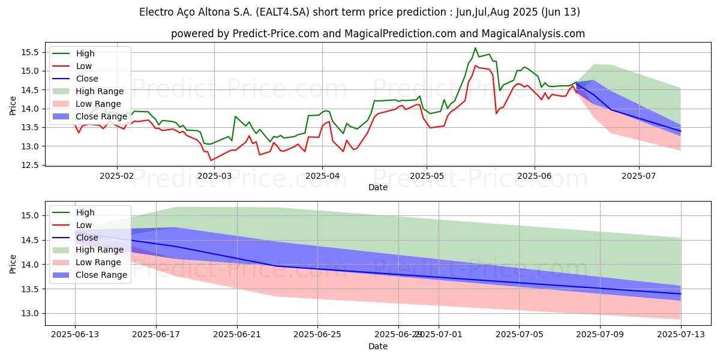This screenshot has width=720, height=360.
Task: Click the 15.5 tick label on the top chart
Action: [31, 52]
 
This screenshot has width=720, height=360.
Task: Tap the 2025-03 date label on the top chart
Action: [214, 176]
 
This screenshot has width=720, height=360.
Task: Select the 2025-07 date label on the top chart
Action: [638, 176]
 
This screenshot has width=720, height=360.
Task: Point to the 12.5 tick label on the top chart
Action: [31, 165]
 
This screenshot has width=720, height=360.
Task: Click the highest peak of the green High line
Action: [475, 48]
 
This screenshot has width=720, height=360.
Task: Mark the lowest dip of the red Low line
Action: [211, 160]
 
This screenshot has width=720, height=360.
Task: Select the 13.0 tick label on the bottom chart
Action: [31, 313]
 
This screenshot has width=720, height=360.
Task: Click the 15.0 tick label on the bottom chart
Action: [31, 215]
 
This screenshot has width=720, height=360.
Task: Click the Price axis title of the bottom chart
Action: [13, 263]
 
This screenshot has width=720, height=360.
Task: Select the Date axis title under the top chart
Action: [378, 187]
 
